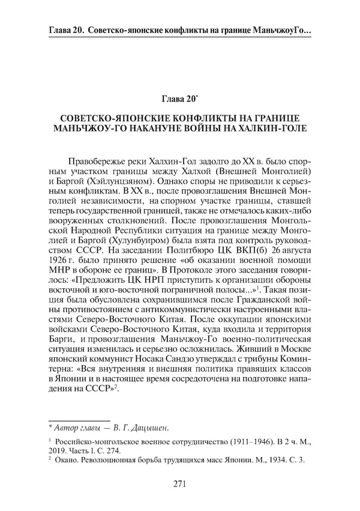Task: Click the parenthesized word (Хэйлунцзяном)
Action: tap(123, 184)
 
